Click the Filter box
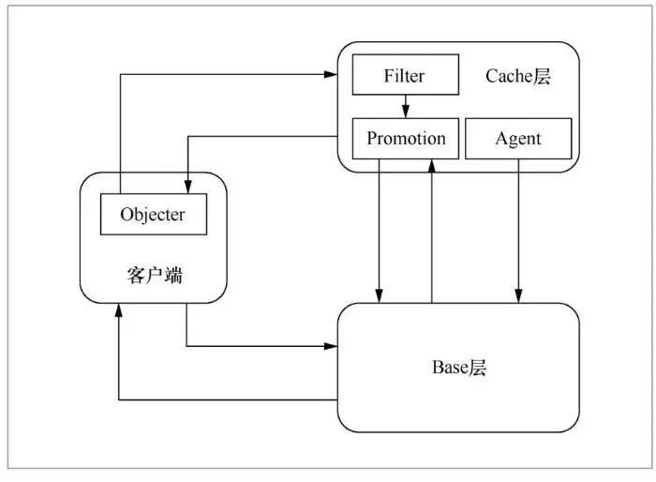[x=406, y=74]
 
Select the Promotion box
[x=406, y=139]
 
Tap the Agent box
[x=518, y=139]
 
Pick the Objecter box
[x=154, y=214]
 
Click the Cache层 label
[x=518, y=76]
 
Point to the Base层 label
[x=459, y=368]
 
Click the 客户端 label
[x=155, y=275]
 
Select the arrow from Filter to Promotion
[x=405, y=106]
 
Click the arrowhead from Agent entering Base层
[x=518, y=295]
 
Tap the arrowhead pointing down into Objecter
[x=188, y=187]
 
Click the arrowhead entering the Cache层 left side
[x=331, y=74]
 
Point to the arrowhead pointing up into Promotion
[x=432, y=166]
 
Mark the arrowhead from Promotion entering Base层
[x=379, y=295]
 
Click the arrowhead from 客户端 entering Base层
[x=331, y=346]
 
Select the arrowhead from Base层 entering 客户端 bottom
[x=119, y=310]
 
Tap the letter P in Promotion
[x=372, y=139]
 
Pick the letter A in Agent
[x=501, y=139]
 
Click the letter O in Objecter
[x=127, y=215]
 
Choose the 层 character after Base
[x=477, y=368]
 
